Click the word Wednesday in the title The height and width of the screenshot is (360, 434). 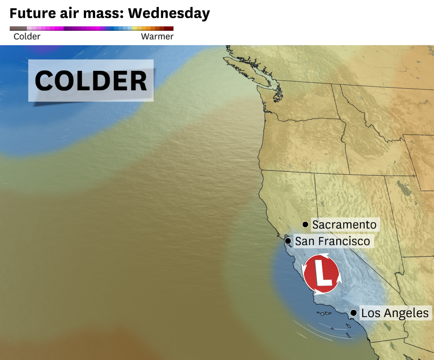pyautogui.click(x=169, y=13)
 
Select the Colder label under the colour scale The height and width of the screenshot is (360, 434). pyautogui.click(x=27, y=36)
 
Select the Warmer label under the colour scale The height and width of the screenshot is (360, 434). pyautogui.click(x=157, y=36)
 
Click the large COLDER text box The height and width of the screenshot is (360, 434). pyautogui.click(x=91, y=80)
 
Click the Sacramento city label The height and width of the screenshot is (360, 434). pyautogui.click(x=344, y=225)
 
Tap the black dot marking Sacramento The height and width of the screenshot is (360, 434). pyautogui.click(x=305, y=224)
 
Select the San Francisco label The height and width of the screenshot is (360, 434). pyautogui.click(x=333, y=241)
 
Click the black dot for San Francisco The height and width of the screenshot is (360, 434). pyautogui.click(x=288, y=241)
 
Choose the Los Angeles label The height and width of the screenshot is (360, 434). pyautogui.click(x=395, y=313)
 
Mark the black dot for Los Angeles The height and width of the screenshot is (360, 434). pyautogui.click(x=353, y=313)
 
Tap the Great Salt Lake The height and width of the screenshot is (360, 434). pyautogui.click(x=404, y=189)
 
